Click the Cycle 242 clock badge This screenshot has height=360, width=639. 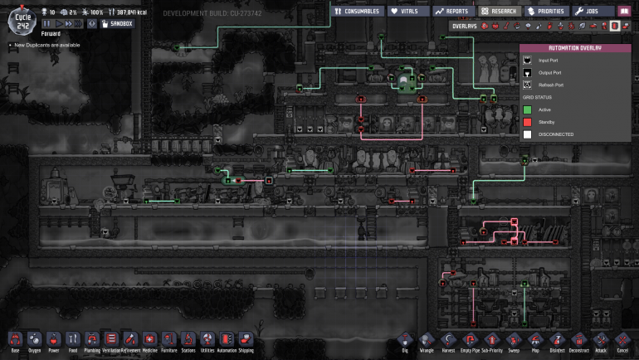point(22,16)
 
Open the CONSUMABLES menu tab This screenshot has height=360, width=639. point(357,12)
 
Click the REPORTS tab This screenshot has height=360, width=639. point(453,12)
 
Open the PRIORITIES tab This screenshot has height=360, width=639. point(548,12)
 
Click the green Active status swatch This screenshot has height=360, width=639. point(527,109)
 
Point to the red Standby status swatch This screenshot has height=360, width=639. point(527,122)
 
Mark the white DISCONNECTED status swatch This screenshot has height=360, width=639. point(527,134)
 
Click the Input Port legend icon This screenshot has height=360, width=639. point(527,60)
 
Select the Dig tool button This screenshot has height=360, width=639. point(405,340)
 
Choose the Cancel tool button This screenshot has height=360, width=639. point(622,340)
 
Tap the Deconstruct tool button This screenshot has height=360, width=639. point(579,340)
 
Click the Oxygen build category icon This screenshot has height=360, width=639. point(35,340)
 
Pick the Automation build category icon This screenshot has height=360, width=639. point(227,340)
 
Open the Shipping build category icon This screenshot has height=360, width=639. point(246,340)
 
